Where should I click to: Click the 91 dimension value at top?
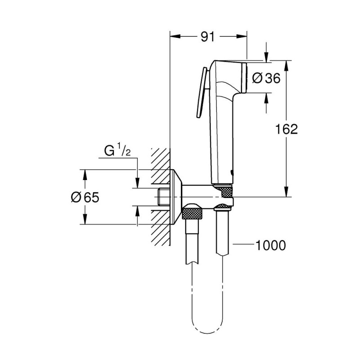(x=207, y=37)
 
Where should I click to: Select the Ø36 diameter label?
(x=266, y=78)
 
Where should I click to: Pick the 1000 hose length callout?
(x=270, y=245)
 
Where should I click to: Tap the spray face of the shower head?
(x=246, y=77)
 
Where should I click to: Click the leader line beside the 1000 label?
(x=243, y=245)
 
